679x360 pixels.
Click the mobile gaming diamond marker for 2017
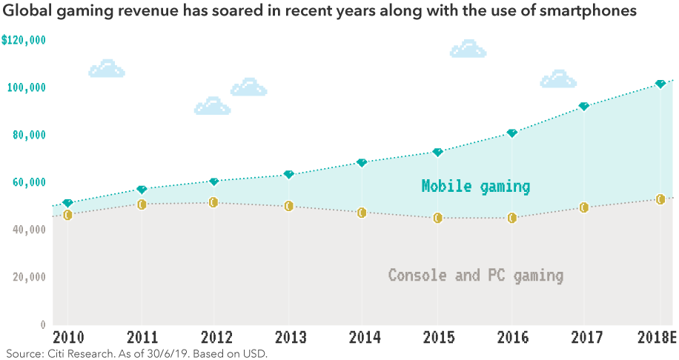[584, 107]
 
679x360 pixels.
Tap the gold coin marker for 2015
[438, 218]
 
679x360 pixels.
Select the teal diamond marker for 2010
[67, 203]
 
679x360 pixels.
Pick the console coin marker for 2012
[213, 202]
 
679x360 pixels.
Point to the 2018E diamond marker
[660, 84]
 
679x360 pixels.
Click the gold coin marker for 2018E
[660, 199]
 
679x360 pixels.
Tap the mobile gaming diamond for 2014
[362, 162]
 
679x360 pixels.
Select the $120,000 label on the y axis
[24, 40]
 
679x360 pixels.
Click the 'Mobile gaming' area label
[476, 187]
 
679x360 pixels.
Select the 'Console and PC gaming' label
[476, 276]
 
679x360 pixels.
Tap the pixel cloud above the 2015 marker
[468, 50]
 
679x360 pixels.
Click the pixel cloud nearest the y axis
[107, 69]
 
